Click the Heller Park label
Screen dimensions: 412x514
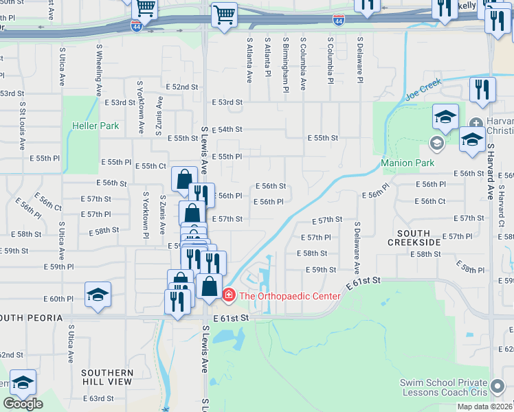(96, 126)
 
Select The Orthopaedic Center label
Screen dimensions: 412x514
(289, 296)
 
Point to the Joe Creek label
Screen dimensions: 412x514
(421, 92)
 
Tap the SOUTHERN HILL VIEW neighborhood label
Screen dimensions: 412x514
(107, 376)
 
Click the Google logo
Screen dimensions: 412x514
(23, 404)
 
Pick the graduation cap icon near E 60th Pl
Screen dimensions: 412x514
(98, 295)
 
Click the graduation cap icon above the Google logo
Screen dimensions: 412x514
(23, 382)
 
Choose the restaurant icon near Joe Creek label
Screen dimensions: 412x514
(482, 90)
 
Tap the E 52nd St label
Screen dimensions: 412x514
(182, 87)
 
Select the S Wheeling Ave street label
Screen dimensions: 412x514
(99, 69)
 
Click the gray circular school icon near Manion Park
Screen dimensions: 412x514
(435, 143)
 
